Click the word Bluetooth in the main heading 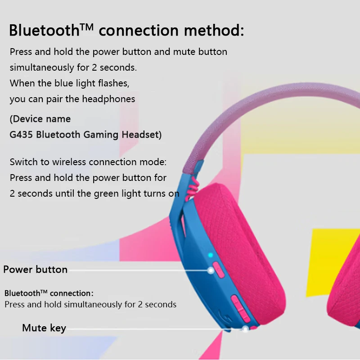44,30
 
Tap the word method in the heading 214,30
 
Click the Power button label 36,270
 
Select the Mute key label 44,328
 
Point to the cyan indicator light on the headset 210,255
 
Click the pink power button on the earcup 218,270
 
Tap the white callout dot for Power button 211,270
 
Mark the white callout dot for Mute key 245,329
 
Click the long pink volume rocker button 240,308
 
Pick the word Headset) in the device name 142,135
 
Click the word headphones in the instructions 108,99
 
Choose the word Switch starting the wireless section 24,162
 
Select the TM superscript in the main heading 87,27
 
